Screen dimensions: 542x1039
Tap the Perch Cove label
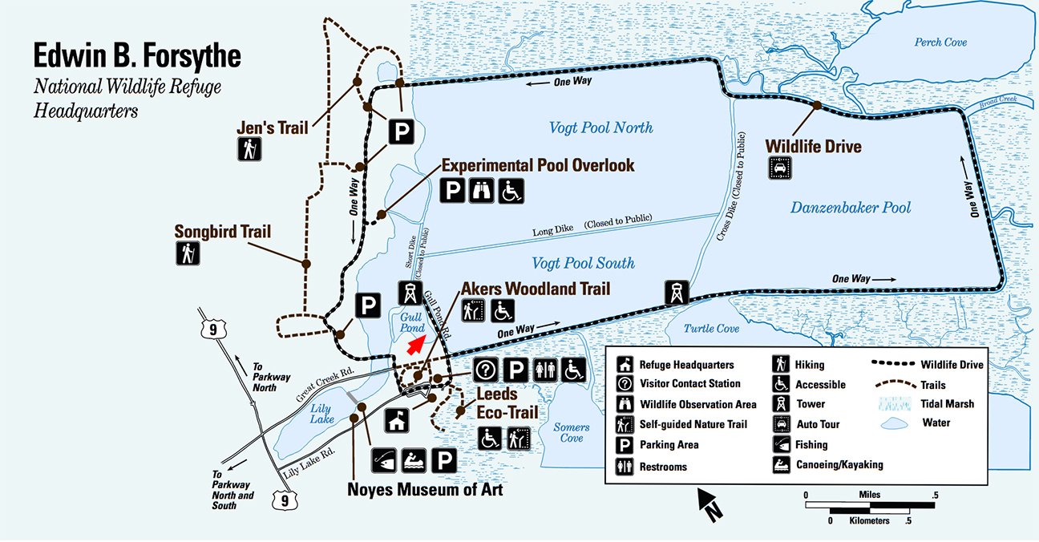tap(940, 42)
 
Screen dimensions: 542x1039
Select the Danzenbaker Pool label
tap(851, 208)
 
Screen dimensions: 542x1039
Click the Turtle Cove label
tap(711, 329)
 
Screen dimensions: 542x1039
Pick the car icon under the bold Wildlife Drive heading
tap(778, 168)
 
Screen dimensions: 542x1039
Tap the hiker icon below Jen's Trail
tap(249, 149)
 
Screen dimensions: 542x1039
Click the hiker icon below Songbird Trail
tap(188, 253)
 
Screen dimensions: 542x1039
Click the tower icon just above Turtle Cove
tap(676, 293)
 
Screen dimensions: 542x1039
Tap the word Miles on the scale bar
tap(869, 495)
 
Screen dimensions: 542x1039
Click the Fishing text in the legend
tap(811, 445)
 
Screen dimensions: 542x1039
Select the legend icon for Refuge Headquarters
tap(623, 364)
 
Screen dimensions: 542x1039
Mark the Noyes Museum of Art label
tap(425, 488)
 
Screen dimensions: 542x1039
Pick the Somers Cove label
tap(571, 433)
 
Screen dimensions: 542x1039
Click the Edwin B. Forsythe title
tap(137, 58)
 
